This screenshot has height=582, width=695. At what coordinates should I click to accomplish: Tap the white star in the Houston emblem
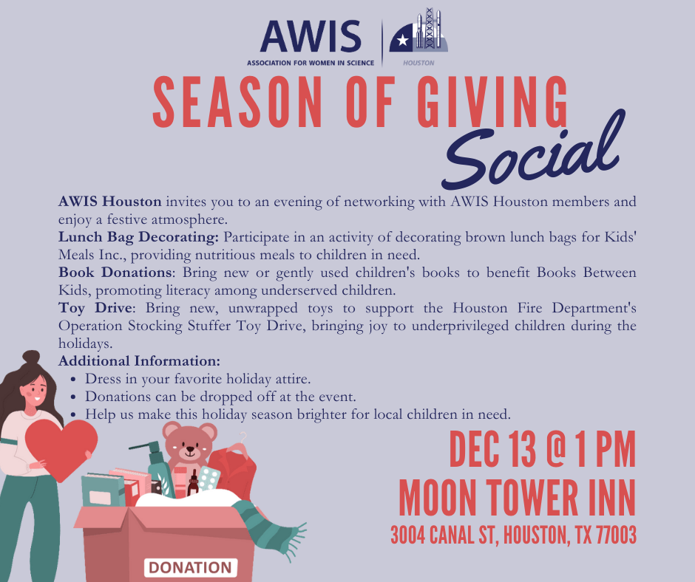click(x=403, y=38)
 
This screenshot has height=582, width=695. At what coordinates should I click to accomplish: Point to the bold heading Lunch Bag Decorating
click(x=138, y=237)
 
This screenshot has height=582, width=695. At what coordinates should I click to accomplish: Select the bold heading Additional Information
click(x=139, y=361)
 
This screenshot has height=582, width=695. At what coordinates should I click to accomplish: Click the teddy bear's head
click(x=189, y=443)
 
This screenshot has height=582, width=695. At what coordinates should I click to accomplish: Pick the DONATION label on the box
click(x=190, y=567)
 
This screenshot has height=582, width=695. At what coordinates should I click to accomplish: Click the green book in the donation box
click(x=102, y=490)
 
